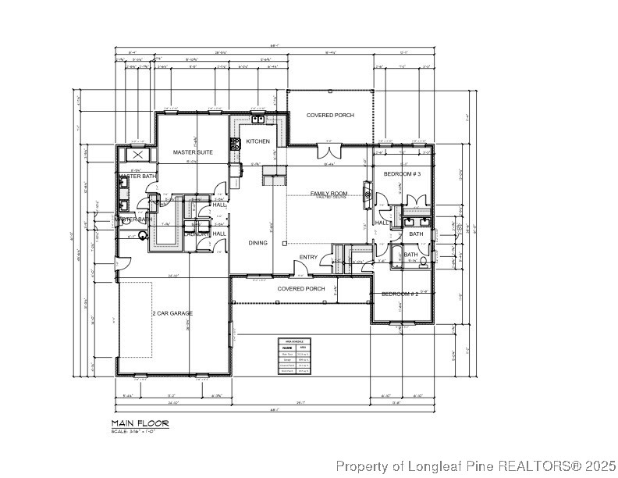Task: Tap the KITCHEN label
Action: click(x=258, y=141)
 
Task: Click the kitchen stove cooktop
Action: click(x=233, y=143)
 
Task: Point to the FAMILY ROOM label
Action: click(x=329, y=193)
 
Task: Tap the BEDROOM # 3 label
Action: click(x=402, y=174)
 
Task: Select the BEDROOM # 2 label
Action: click(x=400, y=294)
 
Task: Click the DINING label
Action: click(x=257, y=243)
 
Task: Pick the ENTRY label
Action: click(x=309, y=258)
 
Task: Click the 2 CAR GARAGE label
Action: click(x=172, y=313)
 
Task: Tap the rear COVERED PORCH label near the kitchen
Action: click(x=329, y=116)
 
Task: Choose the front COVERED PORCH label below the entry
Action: click(x=301, y=288)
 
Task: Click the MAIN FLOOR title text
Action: click(x=139, y=423)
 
